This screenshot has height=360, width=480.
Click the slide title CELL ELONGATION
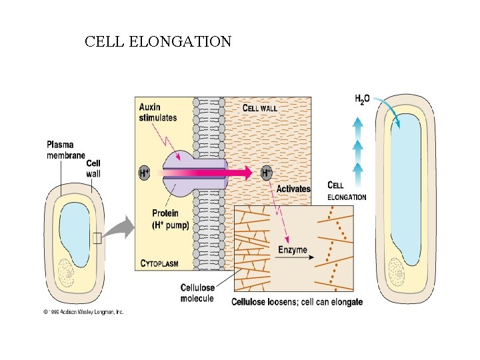pyautogui.click(x=158, y=42)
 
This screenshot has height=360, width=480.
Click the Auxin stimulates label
pyautogui.click(x=158, y=112)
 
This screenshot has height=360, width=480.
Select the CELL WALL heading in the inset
pyautogui.click(x=259, y=107)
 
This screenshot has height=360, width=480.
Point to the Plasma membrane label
pyautogui.click(x=65, y=150)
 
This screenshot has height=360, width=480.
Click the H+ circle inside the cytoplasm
pyautogui.click(x=144, y=173)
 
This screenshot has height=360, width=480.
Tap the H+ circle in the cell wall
pyautogui.click(x=266, y=173)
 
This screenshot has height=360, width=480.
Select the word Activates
pyautogui.click(x=293, y=189)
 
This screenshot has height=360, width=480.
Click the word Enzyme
pyautogui.click(x=293, y=250)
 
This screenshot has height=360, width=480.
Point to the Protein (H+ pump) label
pyautogui.click(x=170, y=219)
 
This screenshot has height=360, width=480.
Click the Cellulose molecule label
pyautogui.click(x=197, y=293)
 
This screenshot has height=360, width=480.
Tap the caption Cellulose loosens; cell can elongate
pyautogui.click(x=297, y=302)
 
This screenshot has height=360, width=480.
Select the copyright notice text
pyautogui.click(x=83, y=311)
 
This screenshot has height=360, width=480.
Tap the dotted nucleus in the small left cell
pyautogui.click(x=67, y=272)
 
